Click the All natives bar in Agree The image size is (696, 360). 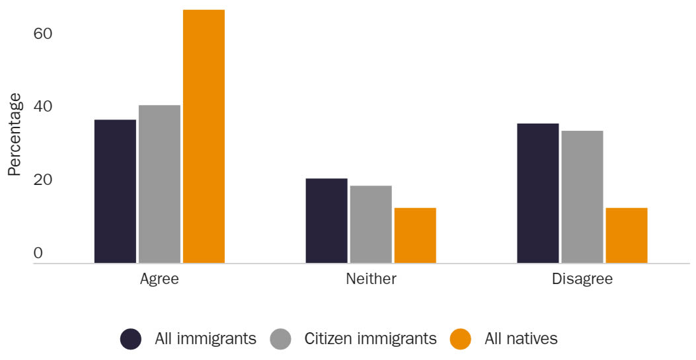(x=204, y=137)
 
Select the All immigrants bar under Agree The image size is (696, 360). (x=115, y=192)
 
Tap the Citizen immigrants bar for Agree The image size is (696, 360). (x=159, y=184)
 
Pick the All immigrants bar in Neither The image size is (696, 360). (x=327, y=221)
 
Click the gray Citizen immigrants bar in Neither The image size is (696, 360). (x=371, y=225)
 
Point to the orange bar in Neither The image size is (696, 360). (x=415, y=236)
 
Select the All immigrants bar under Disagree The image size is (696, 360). (x=537, y=194)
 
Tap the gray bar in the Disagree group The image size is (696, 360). (x=582, y=197)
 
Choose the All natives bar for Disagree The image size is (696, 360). (x=626, y=236)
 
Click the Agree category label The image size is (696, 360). (x=159, y=279)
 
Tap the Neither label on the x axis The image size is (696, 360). (x=371, y=279)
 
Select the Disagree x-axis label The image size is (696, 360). (x=582, y=279)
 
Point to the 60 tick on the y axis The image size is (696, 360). (x=42, y=34)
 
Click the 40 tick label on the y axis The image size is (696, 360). (x=42, y=107)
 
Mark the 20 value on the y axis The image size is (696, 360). (x=42, y=180)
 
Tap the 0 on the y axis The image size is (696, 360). (x=38, y=254)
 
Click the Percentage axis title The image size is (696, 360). (x=15, y=135)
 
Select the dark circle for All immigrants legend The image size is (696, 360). (x=131, y=339)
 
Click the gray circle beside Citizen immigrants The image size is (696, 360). (x=281, y=339)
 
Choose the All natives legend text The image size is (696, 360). (x=521, y=339)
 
